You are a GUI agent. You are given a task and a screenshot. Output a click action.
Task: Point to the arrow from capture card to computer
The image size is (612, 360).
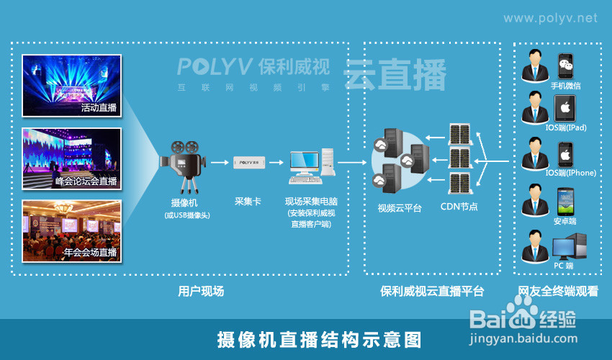tap(280, 163)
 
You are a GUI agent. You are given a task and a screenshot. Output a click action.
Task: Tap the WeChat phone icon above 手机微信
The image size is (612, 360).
tap(567, 66)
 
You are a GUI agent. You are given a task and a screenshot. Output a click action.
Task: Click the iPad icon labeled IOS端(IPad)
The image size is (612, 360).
tap(565, 109)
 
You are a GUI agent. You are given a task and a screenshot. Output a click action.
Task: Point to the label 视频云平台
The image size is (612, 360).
tap(400, 207)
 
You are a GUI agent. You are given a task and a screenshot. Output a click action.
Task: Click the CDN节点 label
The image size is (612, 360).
tap(459, 207)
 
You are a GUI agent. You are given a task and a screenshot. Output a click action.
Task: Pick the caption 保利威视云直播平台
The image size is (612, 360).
tap(432, 292)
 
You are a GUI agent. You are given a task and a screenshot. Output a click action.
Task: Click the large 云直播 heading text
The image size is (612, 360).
tap(395, 75)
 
